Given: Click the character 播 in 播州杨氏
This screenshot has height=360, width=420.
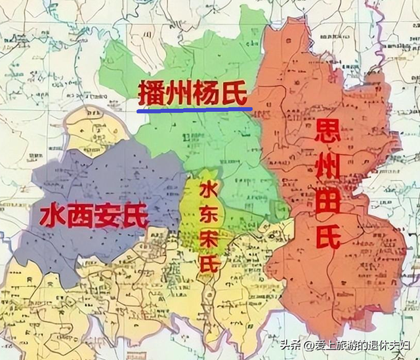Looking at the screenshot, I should point(152,94).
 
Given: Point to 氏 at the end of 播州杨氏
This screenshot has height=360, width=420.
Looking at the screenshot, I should point(235,94).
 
